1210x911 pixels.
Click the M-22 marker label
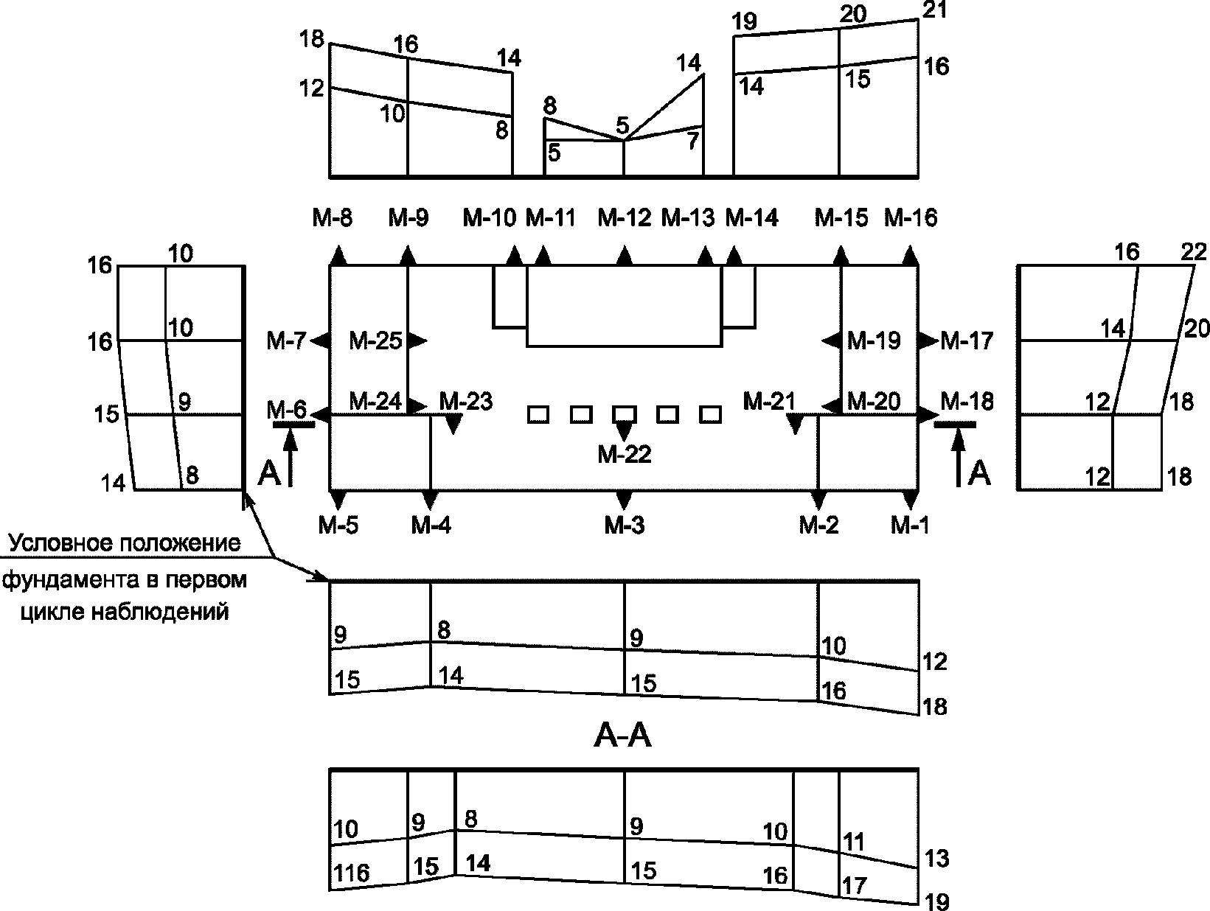624,455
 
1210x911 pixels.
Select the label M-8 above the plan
333,218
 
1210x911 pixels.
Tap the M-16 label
911,218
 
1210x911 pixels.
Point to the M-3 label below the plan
624,526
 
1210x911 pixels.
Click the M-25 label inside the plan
376,341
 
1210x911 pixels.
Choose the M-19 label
874,341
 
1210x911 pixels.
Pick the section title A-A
623,736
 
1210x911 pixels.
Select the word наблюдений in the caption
160,612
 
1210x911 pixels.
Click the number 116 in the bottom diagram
351,873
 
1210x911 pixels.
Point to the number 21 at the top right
934,10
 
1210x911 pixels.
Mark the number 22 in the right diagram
1194,252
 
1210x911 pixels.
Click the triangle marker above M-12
624,256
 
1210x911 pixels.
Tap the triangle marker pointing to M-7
320,341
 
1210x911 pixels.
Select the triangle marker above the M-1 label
911,500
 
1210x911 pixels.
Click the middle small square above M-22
624,414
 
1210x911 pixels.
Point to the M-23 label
466,402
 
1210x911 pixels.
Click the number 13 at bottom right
936,859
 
